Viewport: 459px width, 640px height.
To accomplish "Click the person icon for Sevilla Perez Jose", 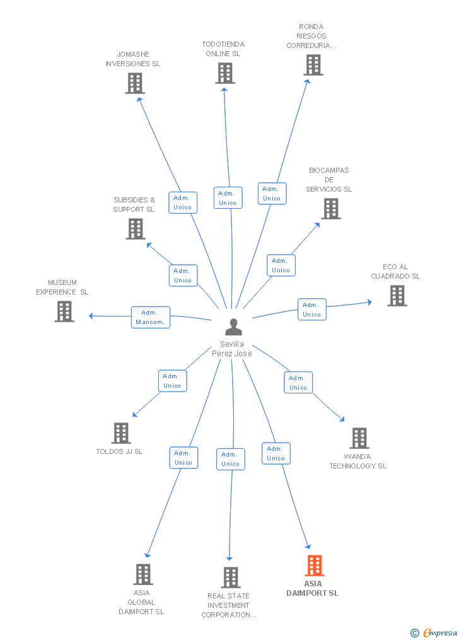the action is click(233, 327).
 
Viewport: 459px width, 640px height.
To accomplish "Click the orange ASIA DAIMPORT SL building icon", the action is click(315, 566).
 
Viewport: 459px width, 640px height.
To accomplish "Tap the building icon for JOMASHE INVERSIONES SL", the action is click(135, 83).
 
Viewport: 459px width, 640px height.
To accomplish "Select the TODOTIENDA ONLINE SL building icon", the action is click(225, 73).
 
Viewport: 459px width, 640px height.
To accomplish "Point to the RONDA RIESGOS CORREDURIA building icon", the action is click(313, 65).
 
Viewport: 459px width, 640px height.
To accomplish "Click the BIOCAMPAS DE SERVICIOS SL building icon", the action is click(331, 209).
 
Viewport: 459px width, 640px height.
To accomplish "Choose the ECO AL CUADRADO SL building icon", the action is click(397, 296).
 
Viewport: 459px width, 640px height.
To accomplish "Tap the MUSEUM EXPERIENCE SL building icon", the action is click(64, 311).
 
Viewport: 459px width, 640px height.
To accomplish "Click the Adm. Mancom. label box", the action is click(151, 317).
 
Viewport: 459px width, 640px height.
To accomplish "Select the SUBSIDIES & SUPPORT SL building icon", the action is click(136, 228).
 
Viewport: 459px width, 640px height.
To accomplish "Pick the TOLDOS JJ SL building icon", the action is click(121, 433).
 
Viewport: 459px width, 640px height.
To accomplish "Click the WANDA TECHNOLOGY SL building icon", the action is click(359, 438).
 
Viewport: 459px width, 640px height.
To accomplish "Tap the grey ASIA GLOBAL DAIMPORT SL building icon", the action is click(143, 574).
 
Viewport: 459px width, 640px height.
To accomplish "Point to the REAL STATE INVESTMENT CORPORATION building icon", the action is click(231, 578).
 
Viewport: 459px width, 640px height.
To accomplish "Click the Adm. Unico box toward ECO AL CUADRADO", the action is click(311, 310).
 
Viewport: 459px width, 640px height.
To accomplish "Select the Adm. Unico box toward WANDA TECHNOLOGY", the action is click(298, 383).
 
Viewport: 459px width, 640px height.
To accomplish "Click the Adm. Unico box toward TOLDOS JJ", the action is click(172, 381).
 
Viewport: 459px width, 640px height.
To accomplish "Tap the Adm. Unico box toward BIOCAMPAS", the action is click(281, 265).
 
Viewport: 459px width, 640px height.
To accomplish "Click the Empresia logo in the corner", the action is click(434, 632).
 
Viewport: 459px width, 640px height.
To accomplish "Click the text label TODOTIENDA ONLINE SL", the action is click(223, 49).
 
